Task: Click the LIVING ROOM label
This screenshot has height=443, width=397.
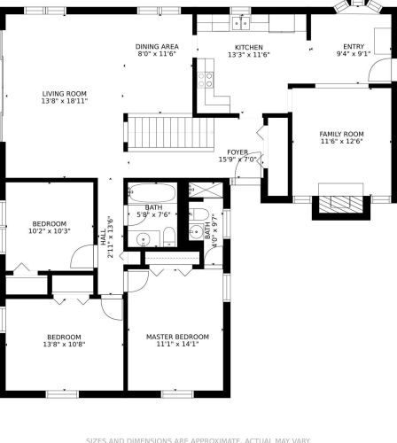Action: tap(65, 93)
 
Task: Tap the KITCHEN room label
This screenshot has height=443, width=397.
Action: tap(249, 47)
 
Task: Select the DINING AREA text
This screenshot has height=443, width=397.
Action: tap(157, 46)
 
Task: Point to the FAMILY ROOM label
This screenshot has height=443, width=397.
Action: tap(341, 135)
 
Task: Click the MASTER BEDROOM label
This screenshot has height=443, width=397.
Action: tap(177, 337)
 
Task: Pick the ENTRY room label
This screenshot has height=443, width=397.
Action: tap(354, 46)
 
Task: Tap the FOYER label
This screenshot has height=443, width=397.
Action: tap(237, 152)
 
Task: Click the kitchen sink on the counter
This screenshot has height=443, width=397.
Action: tap(240, 22)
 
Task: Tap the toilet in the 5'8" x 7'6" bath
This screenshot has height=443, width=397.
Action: tap(167, 235)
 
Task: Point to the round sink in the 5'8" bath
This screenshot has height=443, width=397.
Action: tap(142, 237)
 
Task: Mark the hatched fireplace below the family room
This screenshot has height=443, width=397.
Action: tap(340, 203)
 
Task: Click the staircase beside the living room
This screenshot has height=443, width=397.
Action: tap(168, 133)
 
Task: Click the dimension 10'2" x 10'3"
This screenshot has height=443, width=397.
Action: tap(50, 231)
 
